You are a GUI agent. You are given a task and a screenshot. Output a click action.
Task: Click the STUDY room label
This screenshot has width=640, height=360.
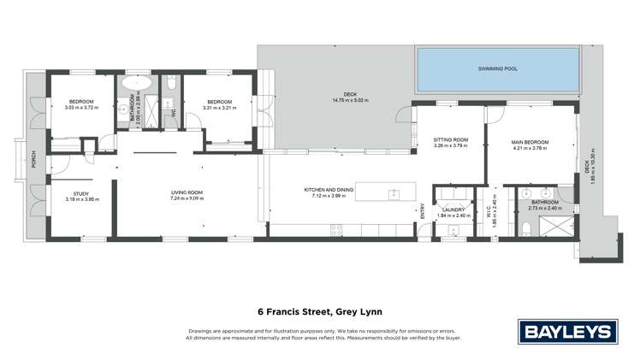click(x=81, y=193)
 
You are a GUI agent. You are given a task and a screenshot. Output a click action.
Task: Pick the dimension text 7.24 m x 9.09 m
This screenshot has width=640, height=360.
click(x=186, y=200)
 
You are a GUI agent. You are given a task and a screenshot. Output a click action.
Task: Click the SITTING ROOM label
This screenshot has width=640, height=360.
click(x=450, y=139)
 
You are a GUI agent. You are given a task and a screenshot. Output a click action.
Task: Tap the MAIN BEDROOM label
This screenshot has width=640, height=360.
click(x=530, y=142)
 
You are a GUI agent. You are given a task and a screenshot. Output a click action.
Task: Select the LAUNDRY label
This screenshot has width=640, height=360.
click(x=453, y=210)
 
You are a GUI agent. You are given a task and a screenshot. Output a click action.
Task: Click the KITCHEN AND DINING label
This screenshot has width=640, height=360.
click(x=329, y=190)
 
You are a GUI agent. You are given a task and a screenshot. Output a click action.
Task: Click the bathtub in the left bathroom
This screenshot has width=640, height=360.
click(x=135, y=84)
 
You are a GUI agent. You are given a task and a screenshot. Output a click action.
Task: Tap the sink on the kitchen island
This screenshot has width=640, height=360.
click(x=394, y=192)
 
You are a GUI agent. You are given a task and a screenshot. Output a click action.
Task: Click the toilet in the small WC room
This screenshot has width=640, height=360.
click(x=172, y=84)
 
